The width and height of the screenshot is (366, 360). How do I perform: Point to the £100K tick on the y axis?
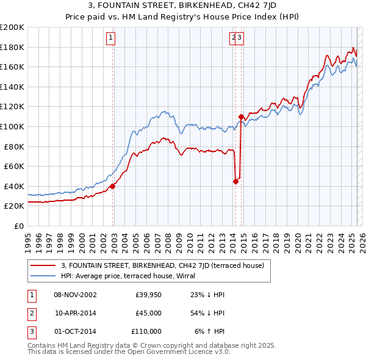point(12,126)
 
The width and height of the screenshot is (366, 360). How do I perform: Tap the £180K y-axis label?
point(12,47)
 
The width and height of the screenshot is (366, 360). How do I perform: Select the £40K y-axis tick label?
point(14,186)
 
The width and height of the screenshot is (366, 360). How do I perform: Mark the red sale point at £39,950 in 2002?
point(112,187)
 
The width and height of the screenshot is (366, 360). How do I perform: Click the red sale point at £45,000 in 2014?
point(235,181)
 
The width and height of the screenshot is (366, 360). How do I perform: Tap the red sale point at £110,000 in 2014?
point(241,117)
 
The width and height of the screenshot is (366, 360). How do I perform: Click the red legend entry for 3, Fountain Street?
point(162,265)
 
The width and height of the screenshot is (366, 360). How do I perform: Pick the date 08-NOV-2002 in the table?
point(75,295)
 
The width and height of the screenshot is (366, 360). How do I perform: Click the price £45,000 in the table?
point(148,313)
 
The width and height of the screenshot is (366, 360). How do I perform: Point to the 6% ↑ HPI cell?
point(209,331)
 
